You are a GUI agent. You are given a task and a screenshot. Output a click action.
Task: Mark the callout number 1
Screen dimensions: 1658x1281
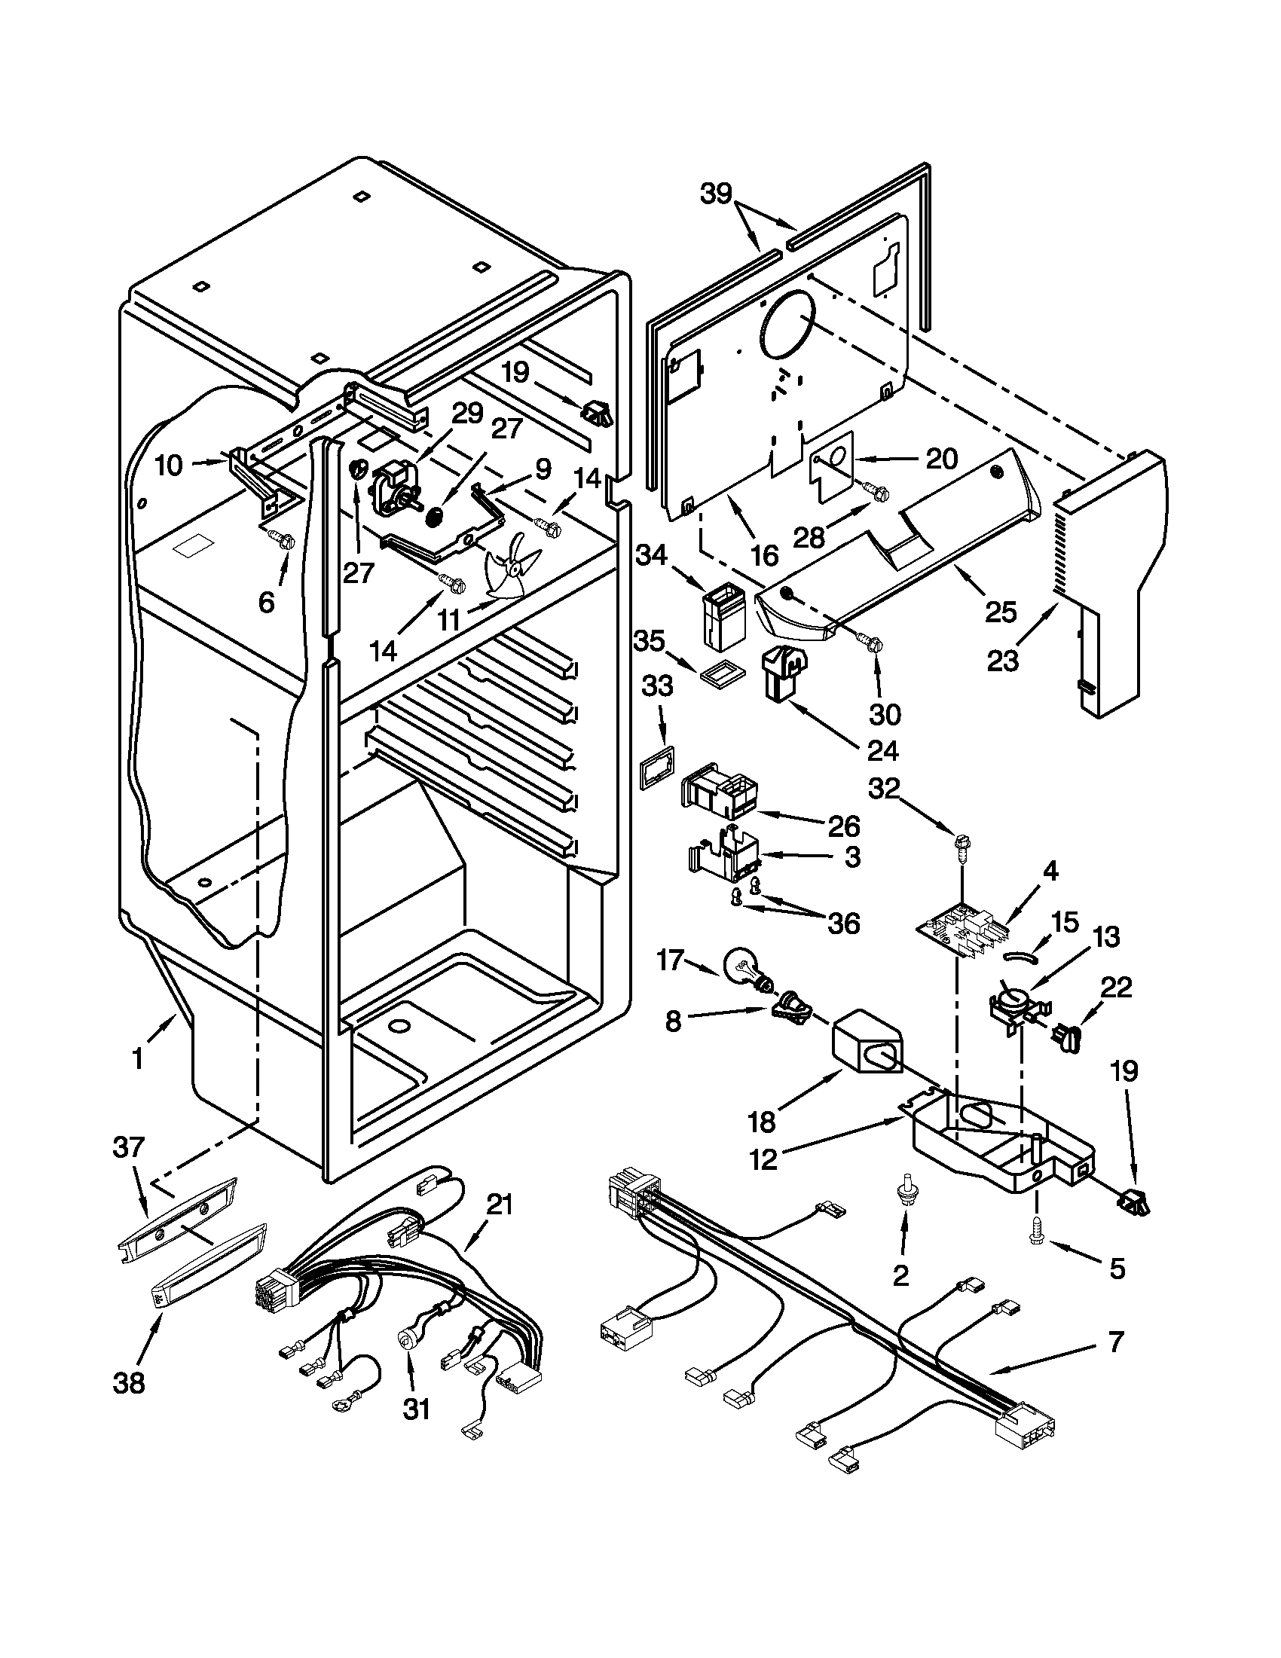(x=137, y=1058)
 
